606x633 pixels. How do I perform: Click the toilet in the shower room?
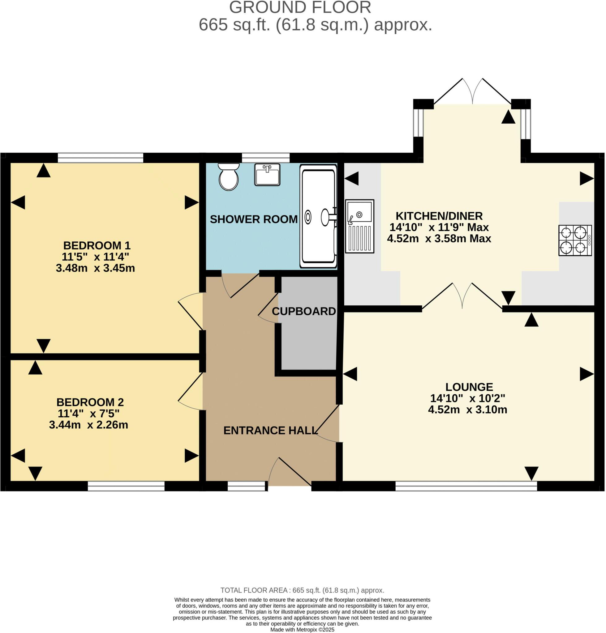pyautogui.click(x=229, y=177)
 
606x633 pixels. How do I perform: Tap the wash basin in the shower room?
pyautogui.click(x=267, y=175)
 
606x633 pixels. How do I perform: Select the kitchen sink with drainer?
pyautogui.click(x=359, y=226)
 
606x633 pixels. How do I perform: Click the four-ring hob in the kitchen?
pyautogui.click(x=575, y=241)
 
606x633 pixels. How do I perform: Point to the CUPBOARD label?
pyautogui.click(x=304, y=312)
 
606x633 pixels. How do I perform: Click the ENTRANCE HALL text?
pyautogui.click(x=270, y=431)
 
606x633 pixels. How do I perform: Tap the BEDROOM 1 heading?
pyautogui.click(x=97, y=246)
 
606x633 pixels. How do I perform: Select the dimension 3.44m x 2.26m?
pyautogui.click(x=88, y=425)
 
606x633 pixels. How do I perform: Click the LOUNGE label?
pyautogui.click(x=469, y=387)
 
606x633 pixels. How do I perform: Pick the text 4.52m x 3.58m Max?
pyautogui.click(x=439, y=239)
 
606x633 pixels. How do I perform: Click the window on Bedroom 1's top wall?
pyautogui.click(x=101, y=158)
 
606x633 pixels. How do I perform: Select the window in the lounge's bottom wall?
pyautogui.click(x=466, y=486)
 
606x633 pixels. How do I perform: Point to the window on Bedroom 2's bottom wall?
pyautogui.click(x=126, y=486)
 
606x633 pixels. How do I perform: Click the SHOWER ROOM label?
pyautogui.click(x=254, y=219)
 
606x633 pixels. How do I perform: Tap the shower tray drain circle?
pyautogui.click(x=308, y=217)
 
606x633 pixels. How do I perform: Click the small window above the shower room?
pyautogui.click(x=266, y=158)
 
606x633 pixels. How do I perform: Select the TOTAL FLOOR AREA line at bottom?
pyautogui.click(x=302, y=590)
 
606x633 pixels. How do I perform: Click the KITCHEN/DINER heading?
pyautogui.click(x=439, y=216)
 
